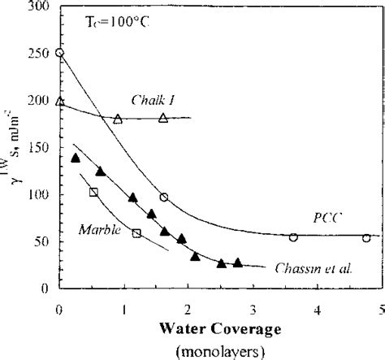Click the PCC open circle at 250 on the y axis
(x=59, y=53)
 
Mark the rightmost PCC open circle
(x=366, y=237)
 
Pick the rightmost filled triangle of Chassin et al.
(x=237, y=262)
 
